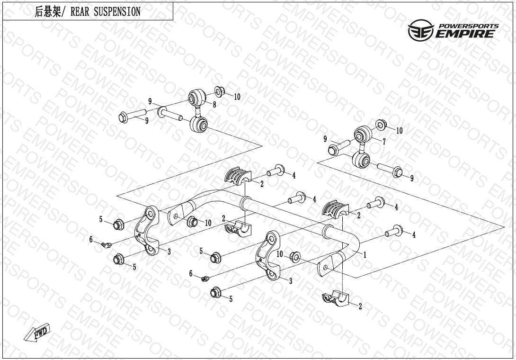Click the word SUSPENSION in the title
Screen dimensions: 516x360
[117, 12]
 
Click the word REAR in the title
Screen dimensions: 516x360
[80, 12]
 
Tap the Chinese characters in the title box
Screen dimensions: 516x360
[48, 12]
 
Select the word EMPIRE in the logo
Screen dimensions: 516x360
[465, 34]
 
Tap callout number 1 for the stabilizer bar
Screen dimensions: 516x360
[365, 254]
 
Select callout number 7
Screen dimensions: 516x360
[384, 142]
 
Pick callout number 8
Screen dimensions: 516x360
[214, 105]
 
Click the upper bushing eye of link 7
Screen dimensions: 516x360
[362, 133]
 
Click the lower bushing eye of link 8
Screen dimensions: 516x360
[199, 125]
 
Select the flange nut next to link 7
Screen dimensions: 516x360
[381, 125]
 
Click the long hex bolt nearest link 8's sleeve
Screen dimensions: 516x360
[132, 116]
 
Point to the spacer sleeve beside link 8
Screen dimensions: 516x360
[170, 113]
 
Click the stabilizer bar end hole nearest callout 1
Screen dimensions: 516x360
[325, 268]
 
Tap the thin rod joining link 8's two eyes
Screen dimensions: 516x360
[197, 111]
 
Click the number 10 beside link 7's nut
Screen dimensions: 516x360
[399, 131]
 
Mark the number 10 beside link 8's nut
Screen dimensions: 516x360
[237, 97]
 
